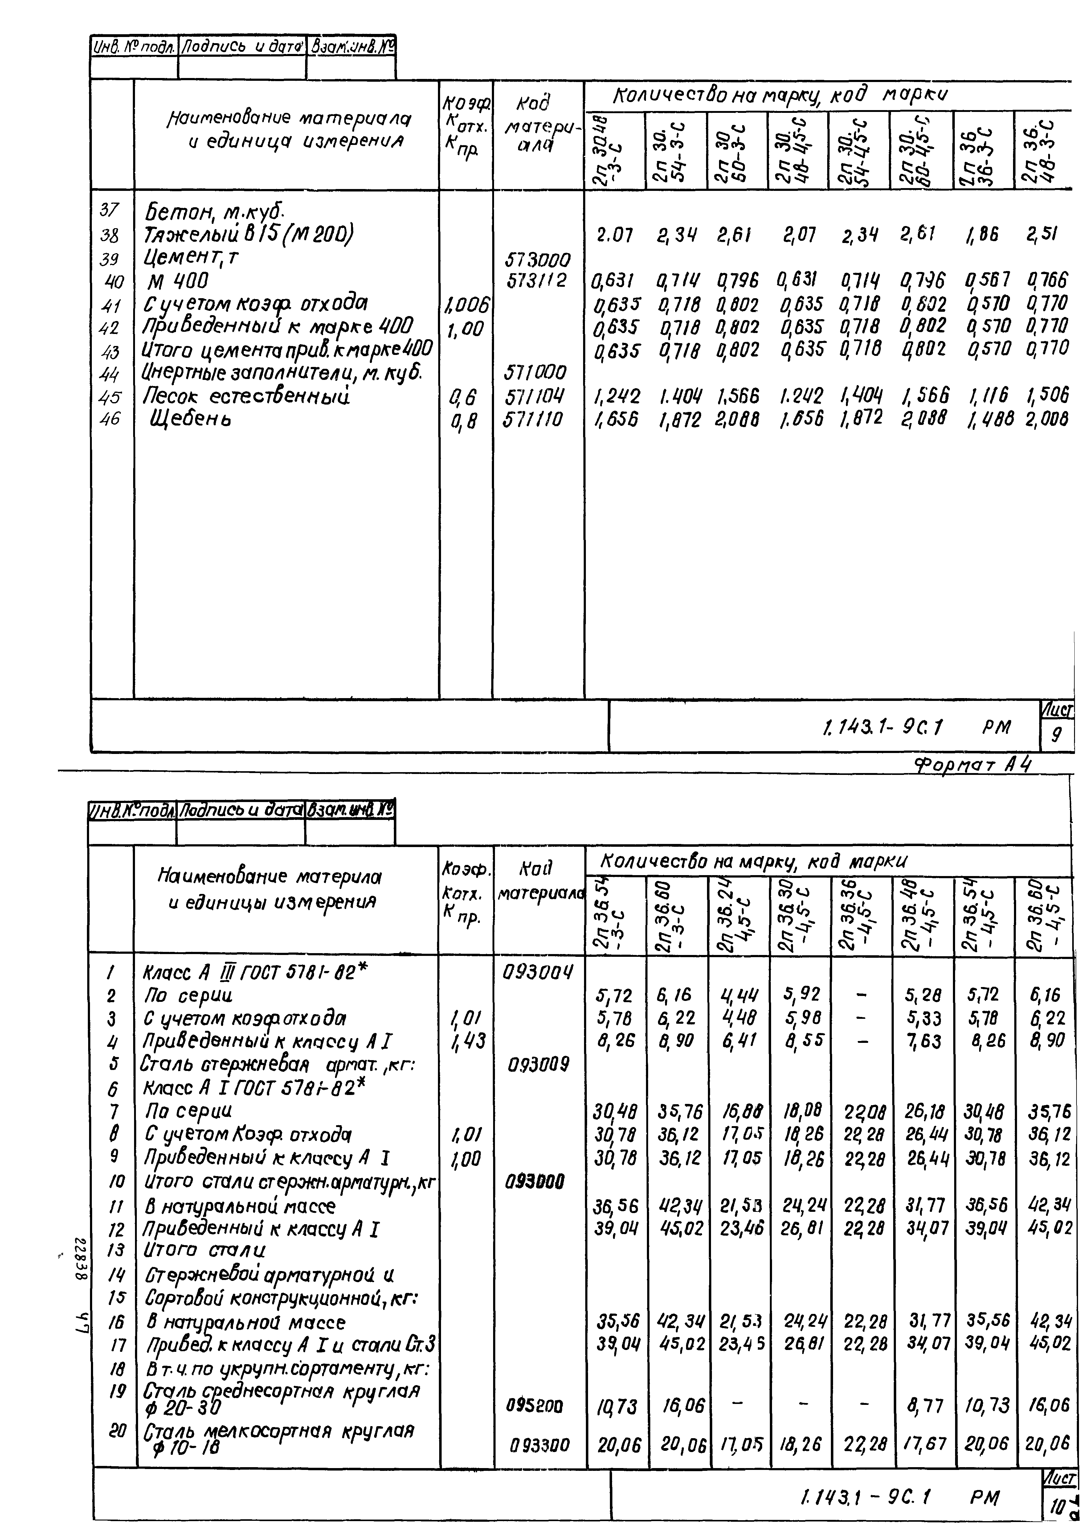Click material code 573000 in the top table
(x=537, y=259)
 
